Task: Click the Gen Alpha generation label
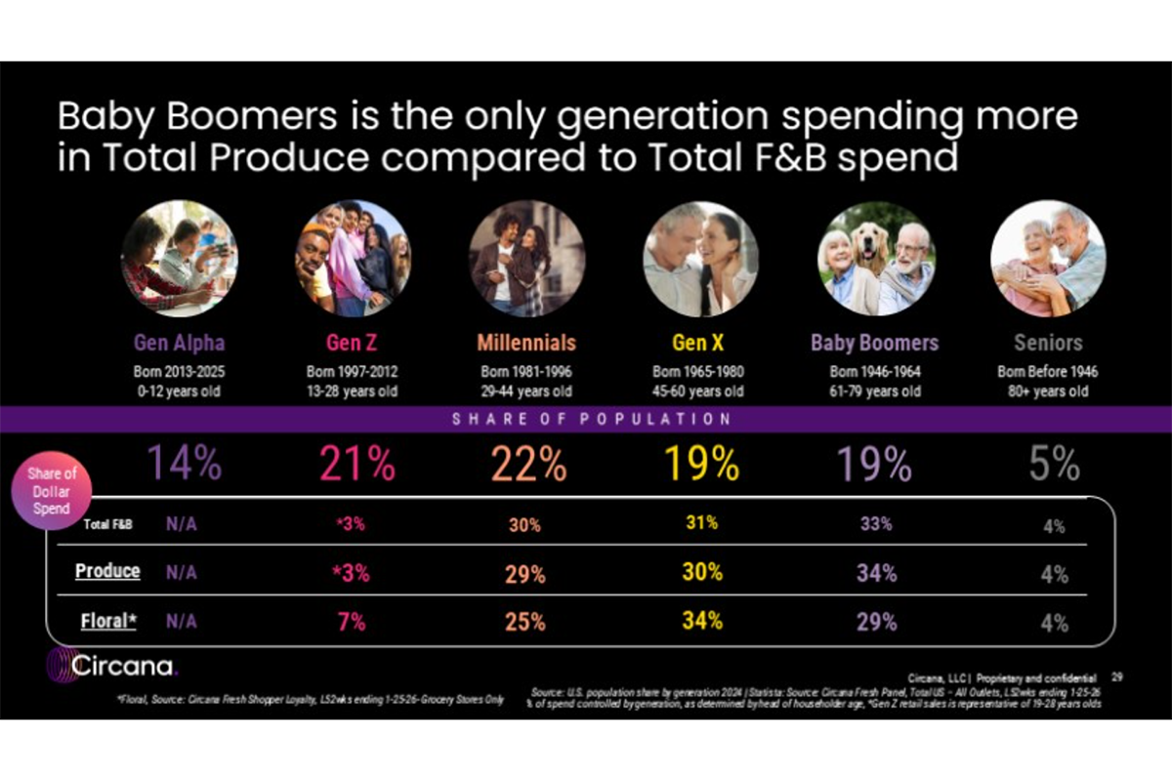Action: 179,343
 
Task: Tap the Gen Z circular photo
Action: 353,258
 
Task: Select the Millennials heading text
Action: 526,343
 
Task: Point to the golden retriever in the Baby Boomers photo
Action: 872,244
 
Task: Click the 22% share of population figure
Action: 528,464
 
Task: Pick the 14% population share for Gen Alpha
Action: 185,464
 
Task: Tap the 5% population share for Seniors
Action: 1053,464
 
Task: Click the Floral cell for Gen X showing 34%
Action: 702,620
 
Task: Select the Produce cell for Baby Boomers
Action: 876,573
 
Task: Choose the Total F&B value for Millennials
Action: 524,524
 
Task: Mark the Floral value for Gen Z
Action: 353,622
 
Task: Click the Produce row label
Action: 107,571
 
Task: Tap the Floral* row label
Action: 106,620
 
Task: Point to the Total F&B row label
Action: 107,524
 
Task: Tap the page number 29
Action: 1117,676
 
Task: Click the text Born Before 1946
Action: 1048,372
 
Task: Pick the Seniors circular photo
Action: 1048,258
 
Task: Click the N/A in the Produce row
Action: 181,573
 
